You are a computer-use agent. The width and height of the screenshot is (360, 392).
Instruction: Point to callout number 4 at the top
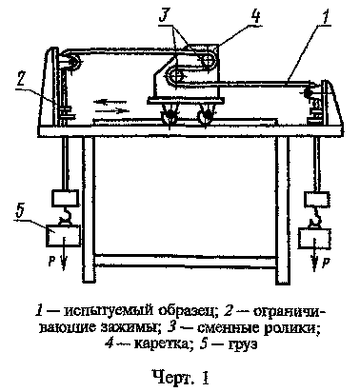tap(226, 16)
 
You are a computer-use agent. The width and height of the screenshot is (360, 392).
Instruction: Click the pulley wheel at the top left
tap(69, 65)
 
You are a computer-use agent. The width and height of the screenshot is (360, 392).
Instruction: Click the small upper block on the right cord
tap(310, 201)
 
